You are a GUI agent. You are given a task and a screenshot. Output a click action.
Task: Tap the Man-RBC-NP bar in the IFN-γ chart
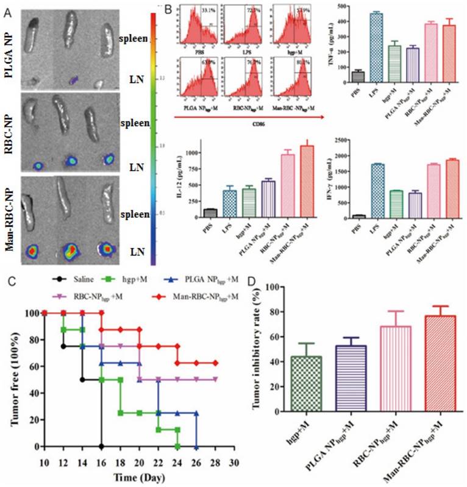coord(454,189)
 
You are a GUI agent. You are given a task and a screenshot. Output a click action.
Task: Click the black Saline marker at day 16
coord(101,446)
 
